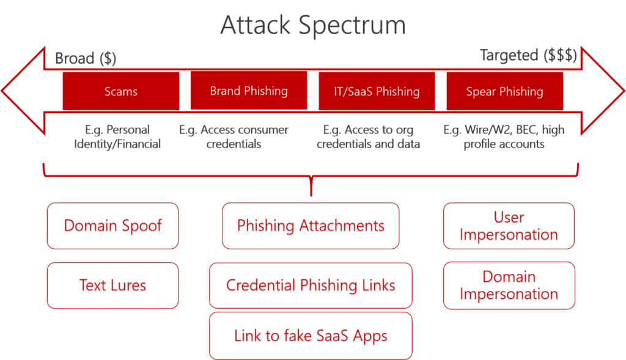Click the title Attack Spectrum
(312, 26)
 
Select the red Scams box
(121, 91)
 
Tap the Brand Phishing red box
(249, 90)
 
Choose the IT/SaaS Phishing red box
(377, 91)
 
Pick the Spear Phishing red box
(504, 91)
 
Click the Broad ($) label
(86, 59)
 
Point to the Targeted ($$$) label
(529, 56)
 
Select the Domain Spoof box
(112, 226)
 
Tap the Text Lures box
(112, 285)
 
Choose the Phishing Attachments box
(311, 226)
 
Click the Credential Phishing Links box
(311, 285)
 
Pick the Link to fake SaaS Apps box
(311, 336)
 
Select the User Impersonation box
(509, 226)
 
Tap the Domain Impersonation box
(509, 285)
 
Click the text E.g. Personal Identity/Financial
(118, 137)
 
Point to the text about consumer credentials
(234, 137)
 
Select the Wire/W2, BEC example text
(504, 137)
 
